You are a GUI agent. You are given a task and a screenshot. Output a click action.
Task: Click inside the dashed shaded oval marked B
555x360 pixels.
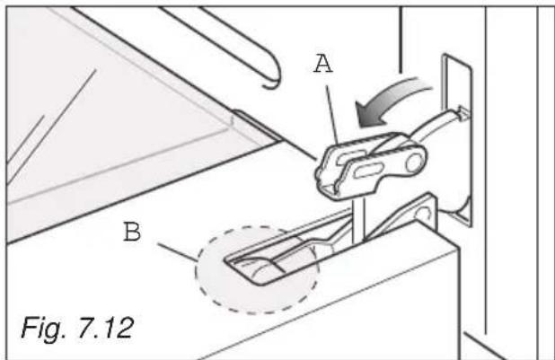coord(256,269)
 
